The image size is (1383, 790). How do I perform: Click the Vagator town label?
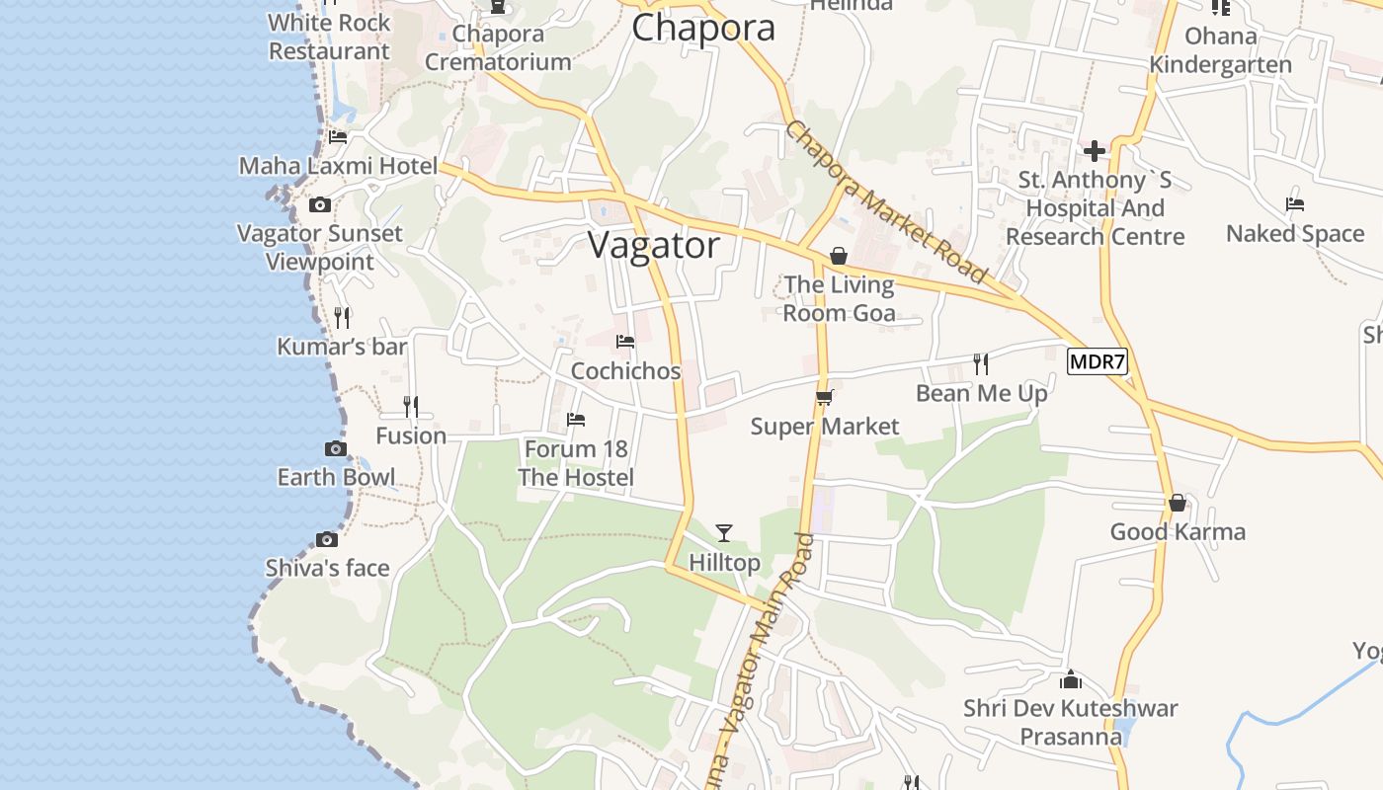tap(654, 245)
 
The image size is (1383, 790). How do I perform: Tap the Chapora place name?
tap(702, 28)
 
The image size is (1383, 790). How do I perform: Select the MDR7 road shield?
tap(1098, 361)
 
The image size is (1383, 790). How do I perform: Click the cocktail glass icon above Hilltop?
tap(724, 533)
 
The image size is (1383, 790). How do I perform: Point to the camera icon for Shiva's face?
tap(327, 539)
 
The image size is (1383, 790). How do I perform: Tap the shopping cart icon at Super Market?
tap(825, 397)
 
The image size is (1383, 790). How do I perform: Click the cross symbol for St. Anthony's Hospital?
tap(1095, 151)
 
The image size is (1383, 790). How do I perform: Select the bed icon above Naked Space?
tap(1295, 204)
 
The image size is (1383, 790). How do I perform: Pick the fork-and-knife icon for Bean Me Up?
tap(981, 363)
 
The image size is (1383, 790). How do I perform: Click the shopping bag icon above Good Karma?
tap(1178, 503)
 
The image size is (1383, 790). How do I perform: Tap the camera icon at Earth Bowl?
tap(336, 448)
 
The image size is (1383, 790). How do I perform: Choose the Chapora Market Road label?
tap(886, 201)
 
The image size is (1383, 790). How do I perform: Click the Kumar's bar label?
tap(342, 347)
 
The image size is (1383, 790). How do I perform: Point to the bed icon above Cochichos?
tap(625, 342)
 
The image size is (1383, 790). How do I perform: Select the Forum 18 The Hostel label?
tap(576, 463)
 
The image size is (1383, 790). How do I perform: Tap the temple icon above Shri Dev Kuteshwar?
tap(1071, 679)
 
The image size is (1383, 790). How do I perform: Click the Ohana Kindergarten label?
tap(1220, 50)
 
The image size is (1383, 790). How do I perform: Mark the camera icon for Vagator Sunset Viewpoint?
tap(320, 204)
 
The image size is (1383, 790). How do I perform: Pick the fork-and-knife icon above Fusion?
tap(411, 406)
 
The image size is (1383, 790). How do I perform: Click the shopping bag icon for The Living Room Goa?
tap(839, 256)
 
